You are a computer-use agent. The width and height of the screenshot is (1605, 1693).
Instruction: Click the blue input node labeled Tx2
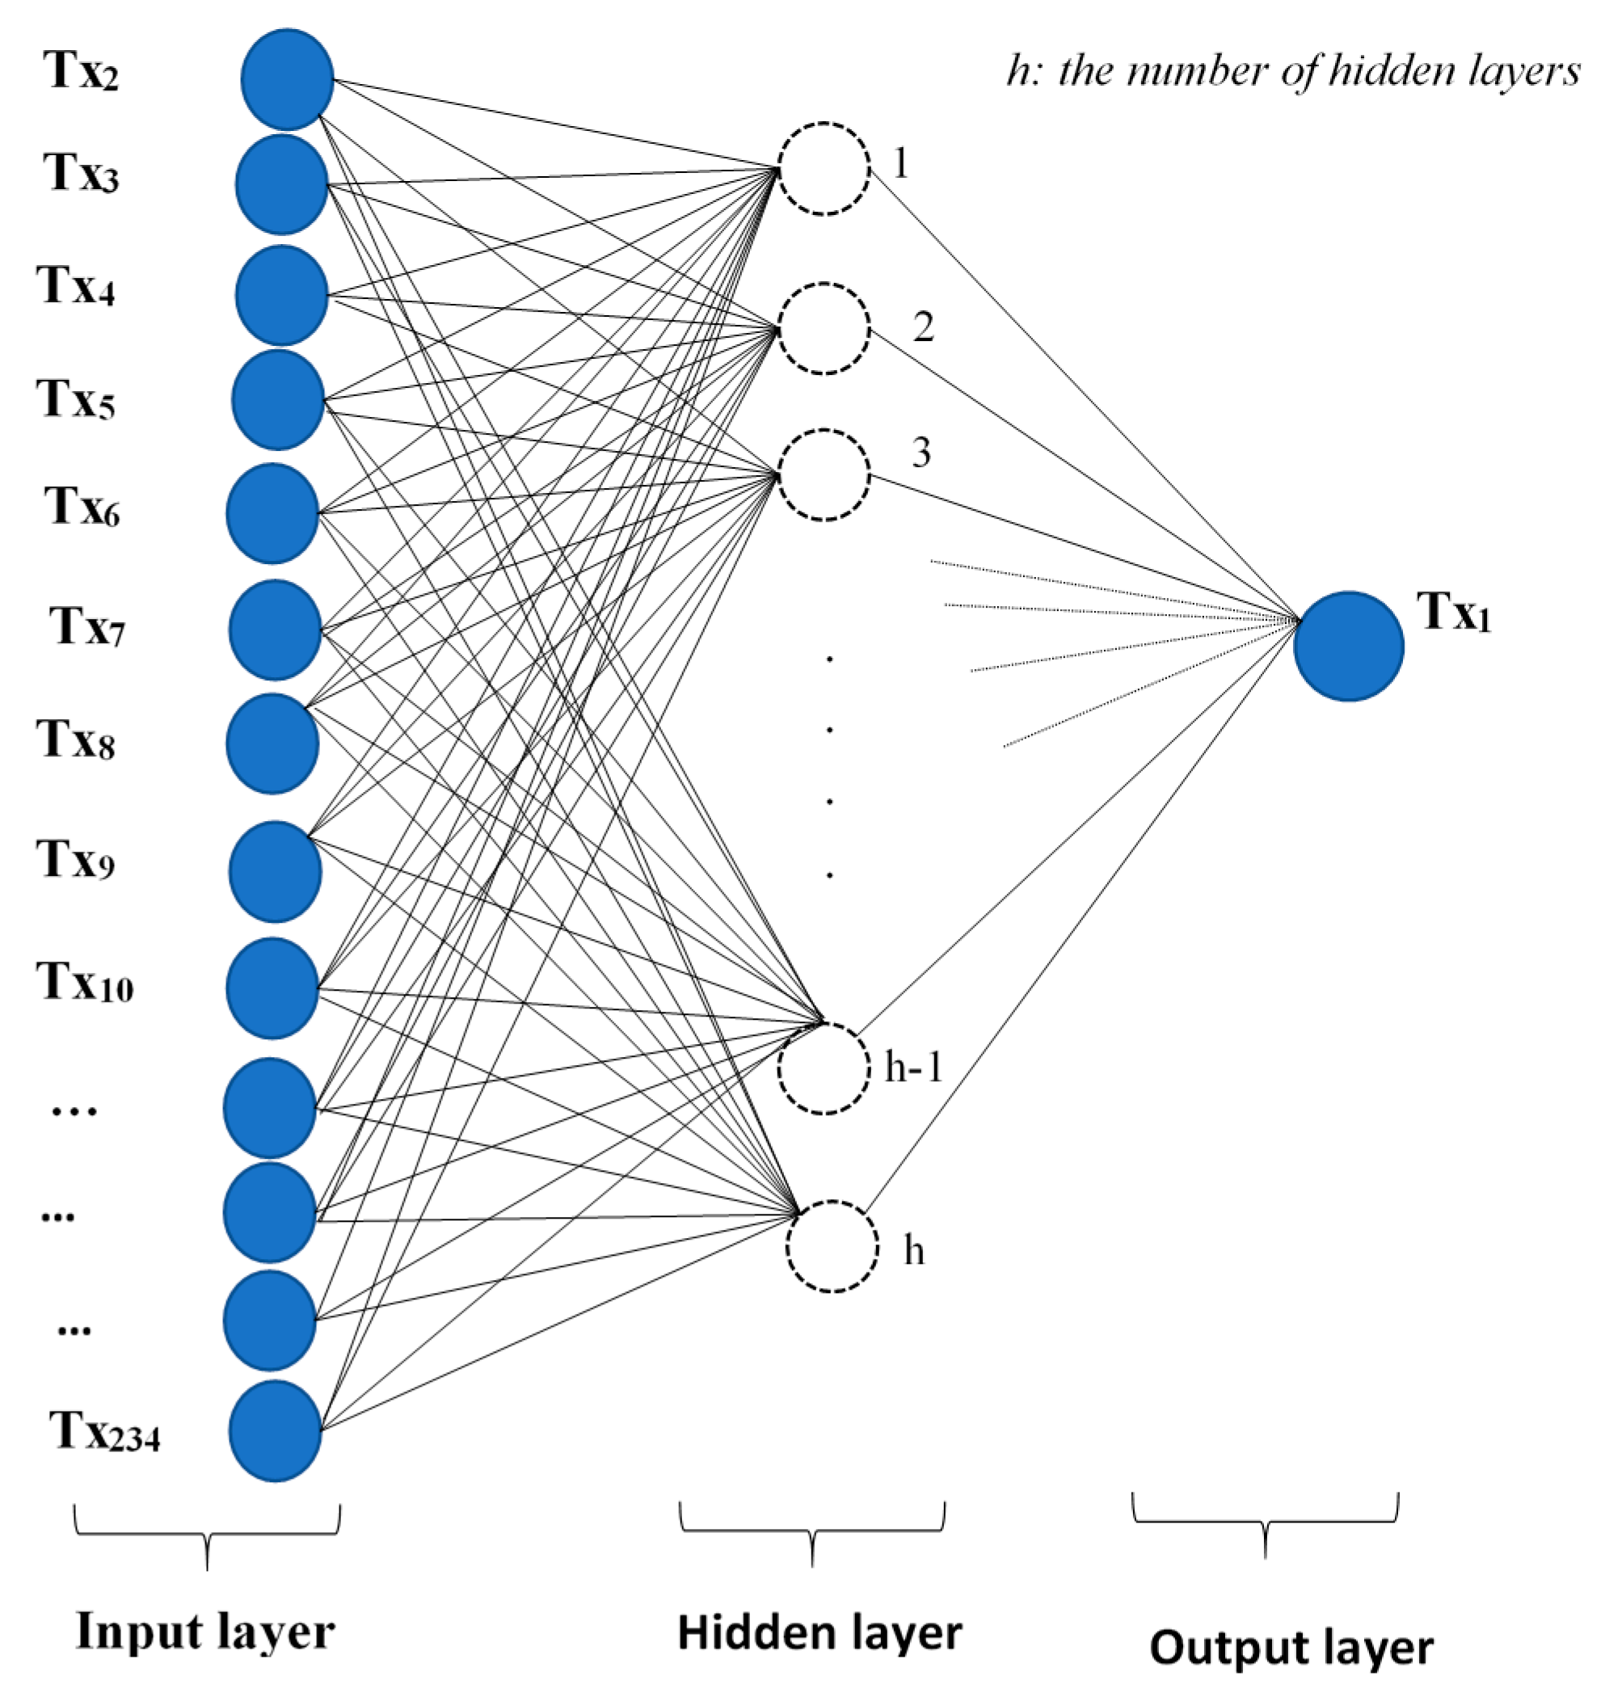tap(287, 79)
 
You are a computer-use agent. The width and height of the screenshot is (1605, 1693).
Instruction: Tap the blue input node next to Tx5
tap(278, 399)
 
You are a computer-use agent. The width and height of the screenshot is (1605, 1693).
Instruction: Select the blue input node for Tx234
tap(275, 1430)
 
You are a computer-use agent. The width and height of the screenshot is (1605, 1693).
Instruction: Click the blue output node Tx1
tap(1348, 646)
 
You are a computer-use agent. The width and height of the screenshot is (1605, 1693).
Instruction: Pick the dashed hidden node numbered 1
tap(824, 169)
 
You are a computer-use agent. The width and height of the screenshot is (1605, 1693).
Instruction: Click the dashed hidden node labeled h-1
tap(824, 1068)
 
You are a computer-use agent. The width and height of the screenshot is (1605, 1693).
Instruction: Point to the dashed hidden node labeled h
tap(832, 1246)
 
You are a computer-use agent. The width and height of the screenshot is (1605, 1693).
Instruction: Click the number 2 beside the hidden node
tap(922, 326)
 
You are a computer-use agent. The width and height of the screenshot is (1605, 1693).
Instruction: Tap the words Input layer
tap(205, 1632)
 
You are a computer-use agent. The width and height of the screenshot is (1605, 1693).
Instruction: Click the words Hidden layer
tap(819, 1632)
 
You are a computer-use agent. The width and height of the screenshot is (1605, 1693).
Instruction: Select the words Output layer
tap(1291, 1647)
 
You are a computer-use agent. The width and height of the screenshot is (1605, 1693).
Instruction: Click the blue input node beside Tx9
tap(275, 871)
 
